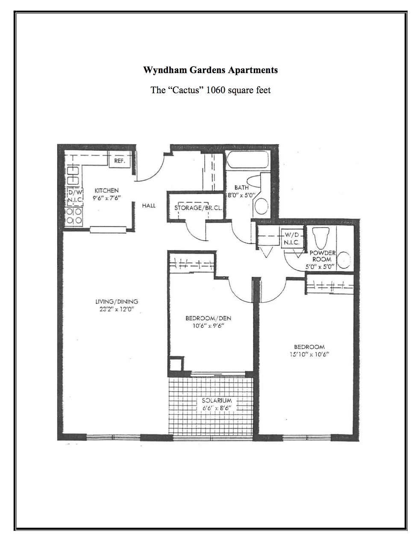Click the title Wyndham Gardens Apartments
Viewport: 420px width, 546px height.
click(x=210, y=70)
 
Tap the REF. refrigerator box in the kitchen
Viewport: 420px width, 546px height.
click(x=119, y=161)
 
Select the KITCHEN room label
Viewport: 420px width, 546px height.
click(x=107, y=190)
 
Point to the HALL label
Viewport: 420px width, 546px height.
click(x=149, y=206)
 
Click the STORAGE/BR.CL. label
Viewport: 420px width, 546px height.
click(x=197, y=208)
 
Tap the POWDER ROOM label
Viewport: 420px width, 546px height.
click(x=323, y=256)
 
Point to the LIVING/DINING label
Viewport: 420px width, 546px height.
click(x=117, y=301)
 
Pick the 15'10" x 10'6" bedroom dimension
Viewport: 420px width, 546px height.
click(x=309, y=354)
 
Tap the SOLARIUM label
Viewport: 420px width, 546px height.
click(x=217, y=401)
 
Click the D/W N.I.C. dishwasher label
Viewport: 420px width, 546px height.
click(x=74, y=195)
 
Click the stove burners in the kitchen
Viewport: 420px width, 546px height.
click(x=74, y=216)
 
